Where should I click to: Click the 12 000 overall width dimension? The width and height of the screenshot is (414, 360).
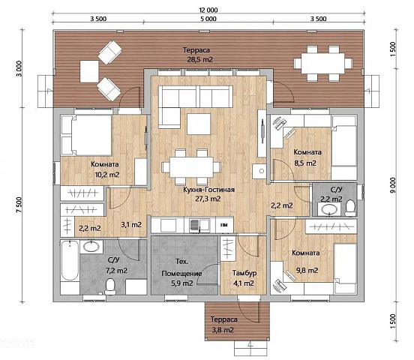point(208,10)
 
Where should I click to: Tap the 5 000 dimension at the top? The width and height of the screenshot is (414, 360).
point(208,19)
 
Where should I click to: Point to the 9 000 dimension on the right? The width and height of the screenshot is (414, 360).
point(393,185)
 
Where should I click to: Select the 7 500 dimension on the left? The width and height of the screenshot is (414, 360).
point(19,205)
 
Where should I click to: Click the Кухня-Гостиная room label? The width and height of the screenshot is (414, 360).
point(208,190)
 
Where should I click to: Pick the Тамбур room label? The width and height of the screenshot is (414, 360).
point(244,273)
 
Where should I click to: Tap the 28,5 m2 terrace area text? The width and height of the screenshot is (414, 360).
point(199,60)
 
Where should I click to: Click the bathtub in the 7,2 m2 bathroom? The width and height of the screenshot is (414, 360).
point(70,261)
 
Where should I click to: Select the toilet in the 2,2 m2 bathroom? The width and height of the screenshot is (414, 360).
point(351,208)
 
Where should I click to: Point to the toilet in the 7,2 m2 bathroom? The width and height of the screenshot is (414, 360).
point(109,286)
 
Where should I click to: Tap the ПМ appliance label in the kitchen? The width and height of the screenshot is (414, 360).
point(224,225)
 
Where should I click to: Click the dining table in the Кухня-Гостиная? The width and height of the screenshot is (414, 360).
point(191,167)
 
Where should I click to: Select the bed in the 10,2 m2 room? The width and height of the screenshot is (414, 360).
point(86,135)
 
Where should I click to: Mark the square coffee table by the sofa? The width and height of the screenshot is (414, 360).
point(199,124)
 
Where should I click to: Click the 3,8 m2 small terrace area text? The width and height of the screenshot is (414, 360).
point(223,330)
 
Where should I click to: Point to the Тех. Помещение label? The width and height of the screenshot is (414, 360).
point(182,267)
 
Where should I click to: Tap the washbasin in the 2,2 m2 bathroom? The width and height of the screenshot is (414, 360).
point(329,209)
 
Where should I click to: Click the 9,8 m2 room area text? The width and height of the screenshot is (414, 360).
point(307,271)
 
